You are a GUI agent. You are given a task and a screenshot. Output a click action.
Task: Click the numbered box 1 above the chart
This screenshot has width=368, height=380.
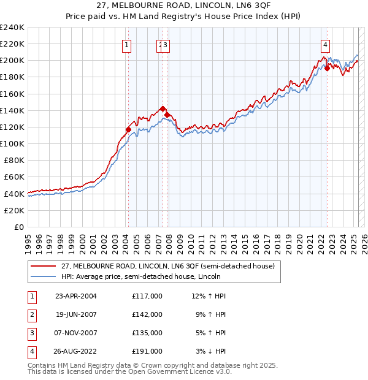click(x=126, y=44)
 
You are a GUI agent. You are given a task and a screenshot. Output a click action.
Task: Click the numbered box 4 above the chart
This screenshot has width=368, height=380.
click(x=324, y=44)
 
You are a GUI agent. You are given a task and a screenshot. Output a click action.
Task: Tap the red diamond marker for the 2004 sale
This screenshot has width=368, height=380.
click(x=128, y=129)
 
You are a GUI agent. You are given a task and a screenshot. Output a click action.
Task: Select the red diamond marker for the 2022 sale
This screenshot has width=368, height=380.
click(x=327, y=68)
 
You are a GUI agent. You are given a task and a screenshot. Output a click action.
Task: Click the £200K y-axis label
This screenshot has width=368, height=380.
click(x=13, y=61)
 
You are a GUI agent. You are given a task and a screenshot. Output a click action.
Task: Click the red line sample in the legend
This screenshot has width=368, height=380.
click(x=44, y=265)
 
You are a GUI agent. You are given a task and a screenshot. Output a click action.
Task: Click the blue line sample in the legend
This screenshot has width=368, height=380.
click(x=44, y=276)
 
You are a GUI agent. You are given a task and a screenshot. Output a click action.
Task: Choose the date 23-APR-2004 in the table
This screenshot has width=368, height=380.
click(x=76, y=296)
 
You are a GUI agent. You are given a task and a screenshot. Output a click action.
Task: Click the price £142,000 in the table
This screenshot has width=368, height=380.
click(x=147, y=314)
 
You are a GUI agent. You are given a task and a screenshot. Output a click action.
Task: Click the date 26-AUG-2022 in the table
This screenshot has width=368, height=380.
click(x=76, y=351)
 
